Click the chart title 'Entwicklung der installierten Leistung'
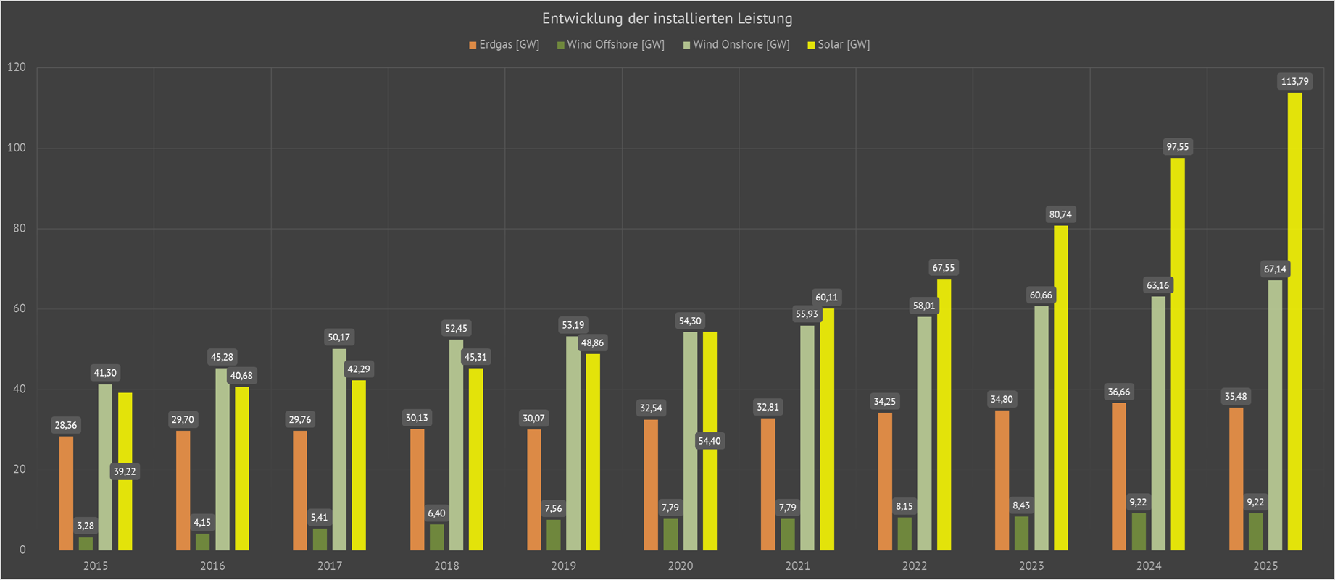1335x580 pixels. coord(667,19)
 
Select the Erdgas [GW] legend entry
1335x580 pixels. coord(504,45)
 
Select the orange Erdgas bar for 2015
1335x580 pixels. coord(66,492)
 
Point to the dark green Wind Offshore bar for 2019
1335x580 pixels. coord(554,534)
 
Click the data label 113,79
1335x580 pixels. coord(1294,82)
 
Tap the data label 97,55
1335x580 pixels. coord(1178,147)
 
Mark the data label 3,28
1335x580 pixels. coord(86,526)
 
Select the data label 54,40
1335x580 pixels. coord(710,441)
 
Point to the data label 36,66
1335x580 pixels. coord(1118,392)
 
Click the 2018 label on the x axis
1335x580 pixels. coord(446,566)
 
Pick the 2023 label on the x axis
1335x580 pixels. coord(1031,566)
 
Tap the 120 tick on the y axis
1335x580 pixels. coord(17,67)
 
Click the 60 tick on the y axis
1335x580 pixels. coord(19,308)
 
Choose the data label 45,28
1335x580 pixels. coord(222,357)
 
